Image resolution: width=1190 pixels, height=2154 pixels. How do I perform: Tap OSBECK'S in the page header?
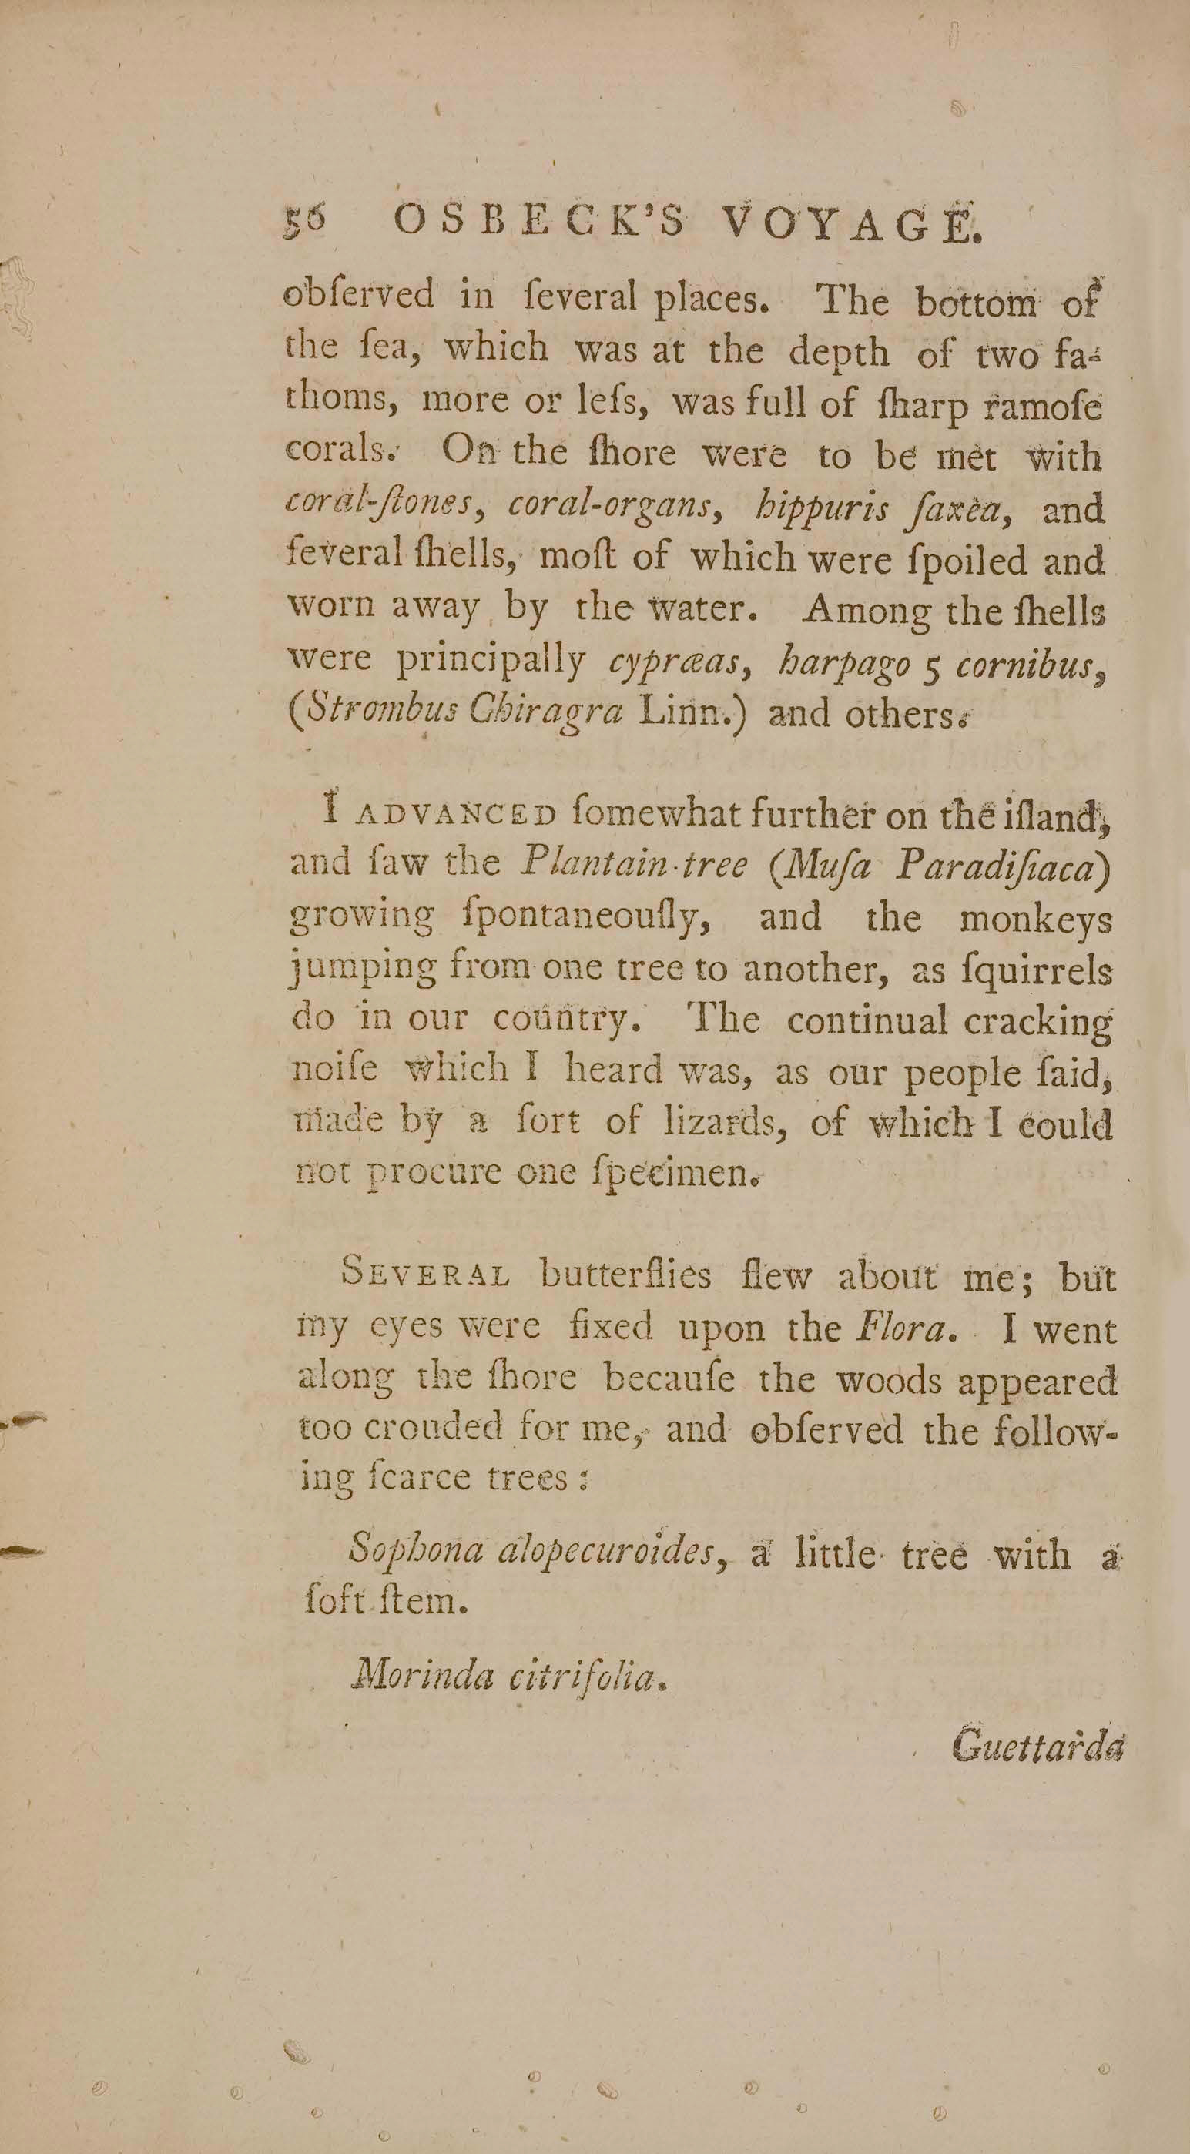tap(540, 222)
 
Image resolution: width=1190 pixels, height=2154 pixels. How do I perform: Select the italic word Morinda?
tap(423, 1673)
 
